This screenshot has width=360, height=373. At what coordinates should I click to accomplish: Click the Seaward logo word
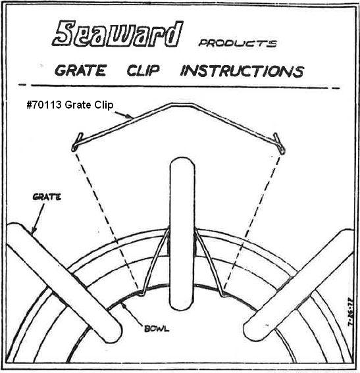click(118, 34)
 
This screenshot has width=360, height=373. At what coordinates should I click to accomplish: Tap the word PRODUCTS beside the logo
click(238, 43)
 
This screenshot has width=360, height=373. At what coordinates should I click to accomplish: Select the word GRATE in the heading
click(80, 70)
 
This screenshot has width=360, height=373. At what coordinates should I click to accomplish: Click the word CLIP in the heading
click(143, 70)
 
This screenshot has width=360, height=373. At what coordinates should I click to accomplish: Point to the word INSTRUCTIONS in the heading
click(242, 71)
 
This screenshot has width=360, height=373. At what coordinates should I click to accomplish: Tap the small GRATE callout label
click(47, 197)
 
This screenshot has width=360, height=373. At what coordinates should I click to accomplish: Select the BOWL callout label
click(157, 328)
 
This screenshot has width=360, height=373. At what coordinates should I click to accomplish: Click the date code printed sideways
click(350, 312)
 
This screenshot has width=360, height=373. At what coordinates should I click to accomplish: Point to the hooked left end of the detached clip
click(76, 143)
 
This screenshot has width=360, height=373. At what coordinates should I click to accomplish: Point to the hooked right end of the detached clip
click(280, 144)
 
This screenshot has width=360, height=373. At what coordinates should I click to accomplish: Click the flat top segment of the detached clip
click(181, 105)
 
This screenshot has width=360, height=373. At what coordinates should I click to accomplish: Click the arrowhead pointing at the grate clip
click(129, 116)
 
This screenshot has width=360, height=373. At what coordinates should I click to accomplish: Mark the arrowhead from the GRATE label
click(34, 230)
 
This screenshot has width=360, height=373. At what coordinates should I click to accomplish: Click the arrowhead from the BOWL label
click(122, 305)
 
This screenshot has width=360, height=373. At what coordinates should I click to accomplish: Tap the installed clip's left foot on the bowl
click(141, 294)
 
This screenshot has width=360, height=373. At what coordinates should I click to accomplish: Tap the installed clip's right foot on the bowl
click(223, 294)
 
